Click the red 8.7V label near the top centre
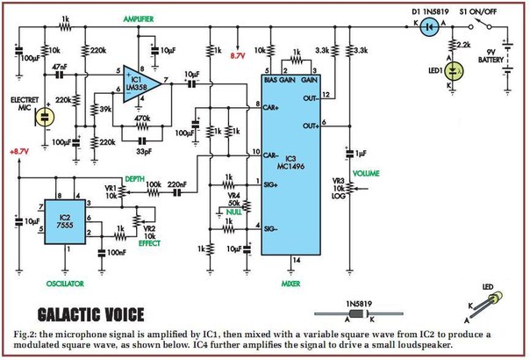click(238, 55)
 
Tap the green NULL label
click(233, 211)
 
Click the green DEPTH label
click(134, 176)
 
